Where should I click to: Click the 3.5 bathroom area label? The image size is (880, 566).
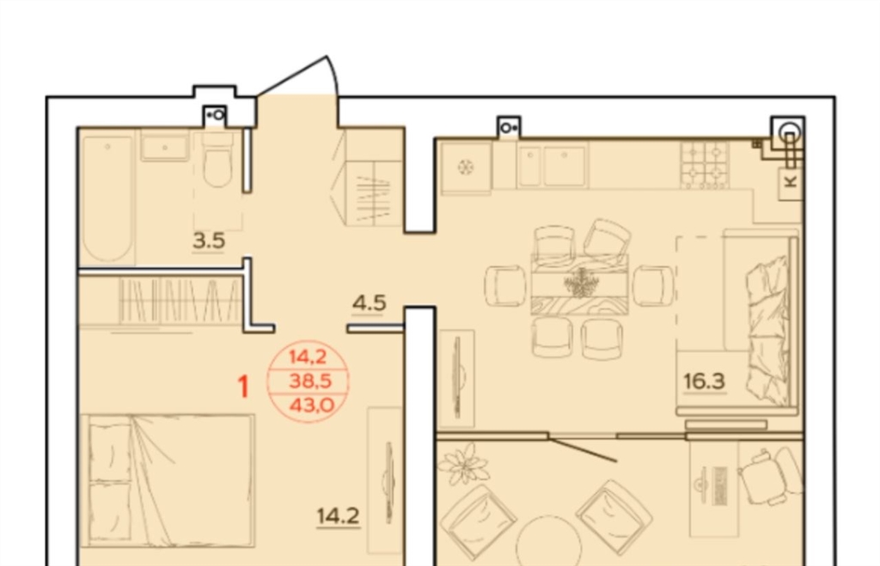coord(209,240)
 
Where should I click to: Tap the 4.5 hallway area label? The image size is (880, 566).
coord(370,303)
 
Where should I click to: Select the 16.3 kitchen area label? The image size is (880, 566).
coord(705,381)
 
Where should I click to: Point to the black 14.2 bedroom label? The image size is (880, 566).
coord(339,515)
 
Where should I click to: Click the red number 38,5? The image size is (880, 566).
coord(309,380)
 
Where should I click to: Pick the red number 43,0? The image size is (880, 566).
coord(311,404)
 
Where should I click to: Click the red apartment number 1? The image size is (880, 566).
coord(243,386)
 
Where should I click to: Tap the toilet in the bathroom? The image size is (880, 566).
coord(217,159)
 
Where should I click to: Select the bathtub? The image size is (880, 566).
coord(107,198)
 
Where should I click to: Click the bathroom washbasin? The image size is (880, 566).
coord(164,146)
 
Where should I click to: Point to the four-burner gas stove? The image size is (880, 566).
coord(705,163)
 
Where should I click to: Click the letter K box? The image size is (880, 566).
coord(791,181)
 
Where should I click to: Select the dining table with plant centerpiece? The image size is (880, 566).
coord(579,283)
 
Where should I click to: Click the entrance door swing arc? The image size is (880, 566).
coord(334,75)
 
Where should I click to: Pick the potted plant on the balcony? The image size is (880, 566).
coord(462,463)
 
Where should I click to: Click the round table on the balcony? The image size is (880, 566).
coord(548,541)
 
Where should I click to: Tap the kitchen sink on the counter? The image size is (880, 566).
coord(553,166)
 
